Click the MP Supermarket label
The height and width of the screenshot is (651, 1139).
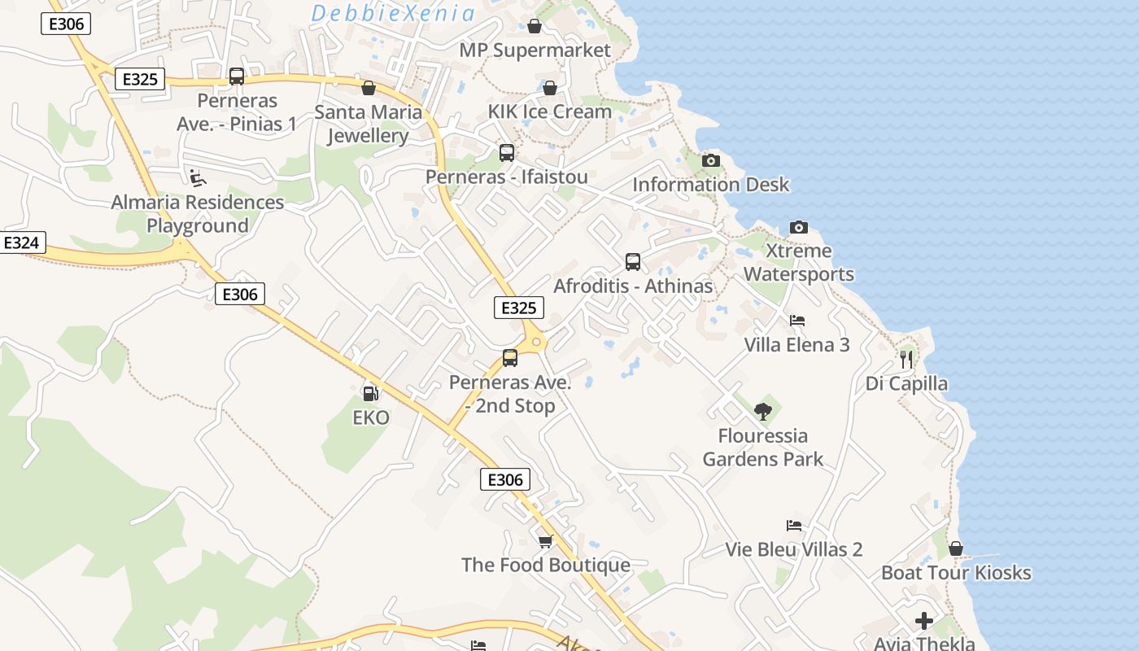point(535,50)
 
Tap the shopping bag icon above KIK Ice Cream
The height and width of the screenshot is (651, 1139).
point(550,88)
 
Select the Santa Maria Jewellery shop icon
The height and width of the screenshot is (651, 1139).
point(369,88)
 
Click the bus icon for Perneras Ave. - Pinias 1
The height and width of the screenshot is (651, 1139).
point(237,76)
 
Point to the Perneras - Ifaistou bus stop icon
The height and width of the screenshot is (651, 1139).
point(507,153)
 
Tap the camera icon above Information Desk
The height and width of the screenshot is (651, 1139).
point(711,160)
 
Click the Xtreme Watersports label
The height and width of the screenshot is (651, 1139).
point(799,262)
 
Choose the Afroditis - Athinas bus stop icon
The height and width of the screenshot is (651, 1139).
point(633,262)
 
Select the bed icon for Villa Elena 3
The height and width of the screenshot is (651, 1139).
point(797,321)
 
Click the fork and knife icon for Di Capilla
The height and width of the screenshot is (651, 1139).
point(906,359)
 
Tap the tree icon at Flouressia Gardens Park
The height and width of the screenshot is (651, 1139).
point(762,411)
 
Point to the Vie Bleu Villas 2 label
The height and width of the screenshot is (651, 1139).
point(793,549)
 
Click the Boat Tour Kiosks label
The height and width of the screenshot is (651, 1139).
point(956,573)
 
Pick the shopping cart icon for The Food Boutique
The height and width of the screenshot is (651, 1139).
point(546,541)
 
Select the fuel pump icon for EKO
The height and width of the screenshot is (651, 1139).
point(370,394)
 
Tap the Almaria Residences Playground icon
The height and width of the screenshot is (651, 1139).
point(197,177)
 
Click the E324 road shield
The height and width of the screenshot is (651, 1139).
point(21,242)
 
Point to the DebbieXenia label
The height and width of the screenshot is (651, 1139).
point(393,13)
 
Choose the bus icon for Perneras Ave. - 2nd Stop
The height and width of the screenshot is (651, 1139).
point(510,358)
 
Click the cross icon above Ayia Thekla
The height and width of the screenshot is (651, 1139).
point(924,621)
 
